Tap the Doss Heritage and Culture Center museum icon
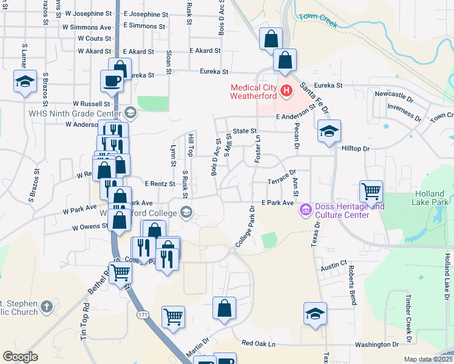click(305, 211)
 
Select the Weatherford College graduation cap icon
click(186, 212)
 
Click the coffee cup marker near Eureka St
click(112, 81)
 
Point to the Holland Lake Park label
click(431, 197)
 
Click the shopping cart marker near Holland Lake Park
click(371, 192)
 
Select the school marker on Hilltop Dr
click(328, 130)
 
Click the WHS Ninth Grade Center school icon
click(130, 113)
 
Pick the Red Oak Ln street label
click(258, 343)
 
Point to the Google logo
click(20, 357)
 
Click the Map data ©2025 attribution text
click(429, 359)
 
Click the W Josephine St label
click(95, 14)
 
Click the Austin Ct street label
click(333, 266)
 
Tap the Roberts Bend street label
click(351, 286)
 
